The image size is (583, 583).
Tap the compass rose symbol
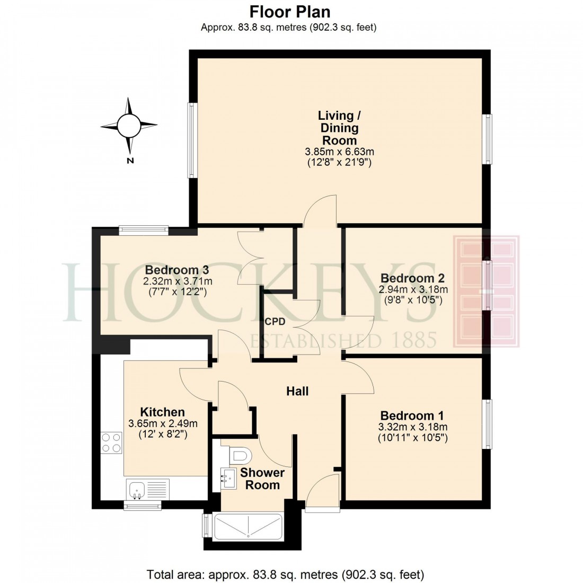[129, 126]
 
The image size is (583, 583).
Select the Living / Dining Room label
[339, 128]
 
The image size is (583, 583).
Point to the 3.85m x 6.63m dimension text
[339, 152]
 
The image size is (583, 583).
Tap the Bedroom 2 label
[412, 278]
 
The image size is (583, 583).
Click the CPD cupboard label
[275, 322]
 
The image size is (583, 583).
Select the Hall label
[297, 391]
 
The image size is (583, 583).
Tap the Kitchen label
[162, 412]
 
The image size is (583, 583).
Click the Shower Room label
[262, 479]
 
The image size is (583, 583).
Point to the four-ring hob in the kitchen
[111, 443]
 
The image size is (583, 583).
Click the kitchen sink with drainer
[148, 489]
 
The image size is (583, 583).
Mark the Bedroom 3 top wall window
[144, 230]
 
